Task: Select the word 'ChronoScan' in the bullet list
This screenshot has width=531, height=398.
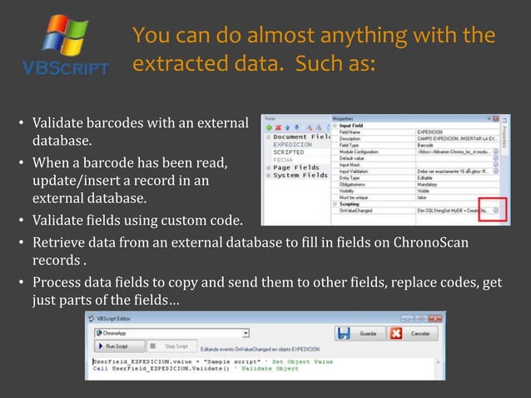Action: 434,242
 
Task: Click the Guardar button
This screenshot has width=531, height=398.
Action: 356,333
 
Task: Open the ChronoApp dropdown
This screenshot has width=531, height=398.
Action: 158,332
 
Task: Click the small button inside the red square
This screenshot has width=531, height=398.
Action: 495,211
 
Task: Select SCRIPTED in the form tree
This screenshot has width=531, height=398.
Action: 289,152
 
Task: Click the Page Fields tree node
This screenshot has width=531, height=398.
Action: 296,167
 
